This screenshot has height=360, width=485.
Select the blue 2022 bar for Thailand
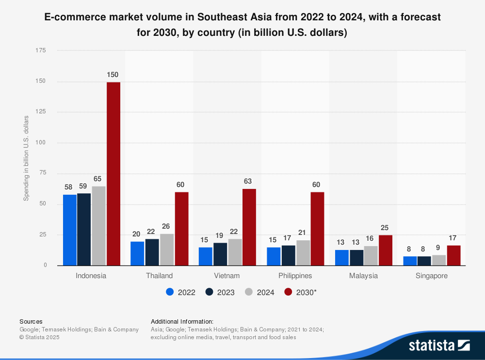pos(137,253)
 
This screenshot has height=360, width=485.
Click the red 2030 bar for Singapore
pos(453,255)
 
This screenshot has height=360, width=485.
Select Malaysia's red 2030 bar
pos(386,250)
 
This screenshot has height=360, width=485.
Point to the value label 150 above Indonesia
pos(113,75)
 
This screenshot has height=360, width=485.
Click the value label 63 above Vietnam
pos(249,181)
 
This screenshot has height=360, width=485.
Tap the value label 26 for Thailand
pos(166,226)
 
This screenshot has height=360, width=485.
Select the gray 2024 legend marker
pos(249,292)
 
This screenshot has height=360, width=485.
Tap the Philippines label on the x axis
pos(295,276)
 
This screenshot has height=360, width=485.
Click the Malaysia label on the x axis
pos(363,276)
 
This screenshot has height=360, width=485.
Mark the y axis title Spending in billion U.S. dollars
pos(27,158)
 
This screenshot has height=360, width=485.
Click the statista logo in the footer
pos(439,345)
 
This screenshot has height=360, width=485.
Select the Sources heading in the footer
pos(31,321)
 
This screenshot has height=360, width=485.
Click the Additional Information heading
pos(182,321)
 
